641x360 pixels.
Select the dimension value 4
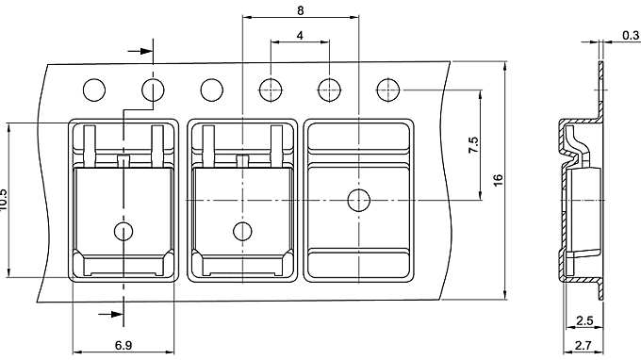click(300, 35)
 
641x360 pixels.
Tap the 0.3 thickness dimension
click(631, 36)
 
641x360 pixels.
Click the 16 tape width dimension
click(497, 179)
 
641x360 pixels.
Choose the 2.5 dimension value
click(583, 320)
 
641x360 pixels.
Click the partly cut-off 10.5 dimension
click(5, 200)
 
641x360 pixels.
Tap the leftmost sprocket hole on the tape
click(94, 90)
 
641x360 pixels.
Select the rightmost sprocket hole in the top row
click(388, 90)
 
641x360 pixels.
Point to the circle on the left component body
click(123, 231)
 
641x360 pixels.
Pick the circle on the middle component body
click(242, 231)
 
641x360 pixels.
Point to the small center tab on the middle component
click(242, 162)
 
